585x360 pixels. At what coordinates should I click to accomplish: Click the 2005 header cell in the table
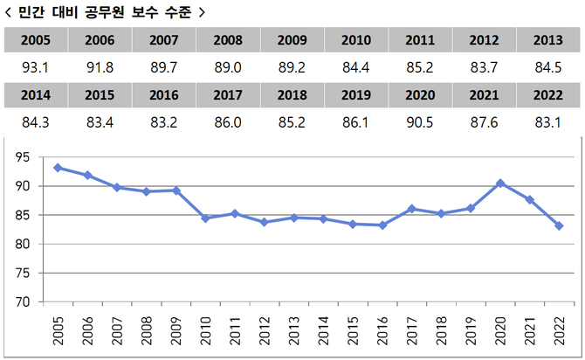(x=35, y=40)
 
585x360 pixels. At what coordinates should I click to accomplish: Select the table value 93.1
(x=35, y=66)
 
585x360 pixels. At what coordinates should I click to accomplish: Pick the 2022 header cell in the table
(x=548, y=94)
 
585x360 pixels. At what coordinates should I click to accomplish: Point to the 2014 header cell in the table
(x=35, y=94)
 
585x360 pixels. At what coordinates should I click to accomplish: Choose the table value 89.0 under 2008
(x=227, y=66)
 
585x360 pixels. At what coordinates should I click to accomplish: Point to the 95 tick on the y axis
(x=23, y=157)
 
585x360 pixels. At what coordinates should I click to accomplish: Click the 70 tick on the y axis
(x=23, y=301)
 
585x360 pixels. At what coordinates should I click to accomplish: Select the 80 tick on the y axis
(x=23, y=244)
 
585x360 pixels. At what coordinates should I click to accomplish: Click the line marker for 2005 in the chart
(x=58, y=168)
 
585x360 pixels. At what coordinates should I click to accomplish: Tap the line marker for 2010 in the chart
(x=204, y=218)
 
